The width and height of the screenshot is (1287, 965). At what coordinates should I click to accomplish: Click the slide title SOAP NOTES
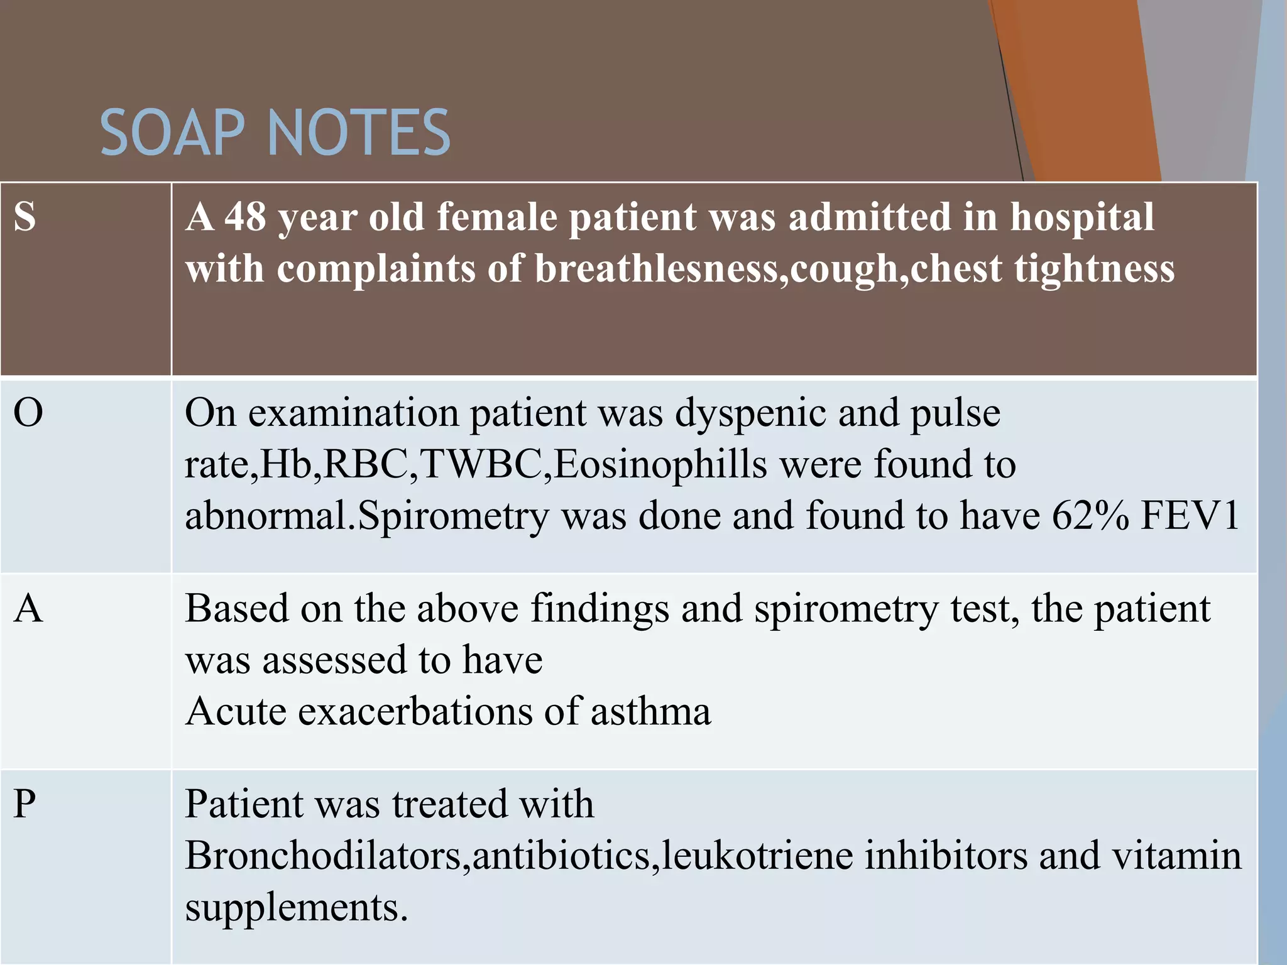[275, 133]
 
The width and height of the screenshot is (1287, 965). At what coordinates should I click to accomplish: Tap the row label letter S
[25, 217]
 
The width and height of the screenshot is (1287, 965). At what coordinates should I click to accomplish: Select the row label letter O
[28, 413]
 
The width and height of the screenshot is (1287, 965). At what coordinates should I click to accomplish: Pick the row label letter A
[28, 609]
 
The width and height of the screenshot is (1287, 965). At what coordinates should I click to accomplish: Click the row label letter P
[25, 804]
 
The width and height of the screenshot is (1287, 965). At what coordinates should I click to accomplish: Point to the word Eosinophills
[660, 465]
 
